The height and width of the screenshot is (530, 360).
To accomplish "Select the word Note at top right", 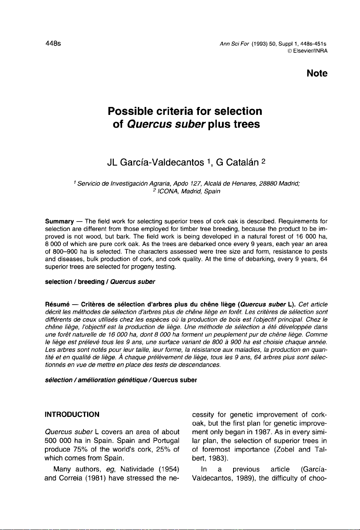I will point(317,74).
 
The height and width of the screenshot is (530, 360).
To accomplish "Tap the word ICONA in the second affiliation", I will point(168,191).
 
